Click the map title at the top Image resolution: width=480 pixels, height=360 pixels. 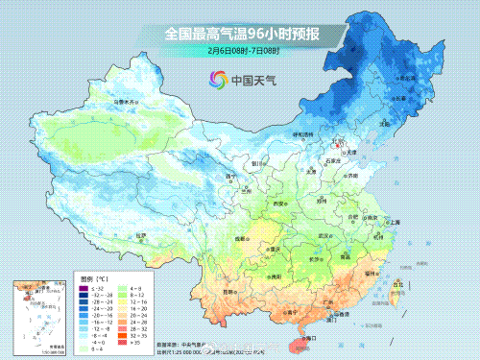click(241, 35)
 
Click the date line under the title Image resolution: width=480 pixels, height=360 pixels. click(241, 50)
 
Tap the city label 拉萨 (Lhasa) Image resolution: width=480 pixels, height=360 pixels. click(141, 233)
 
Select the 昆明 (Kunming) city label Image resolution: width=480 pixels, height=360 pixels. click(228, 291)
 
